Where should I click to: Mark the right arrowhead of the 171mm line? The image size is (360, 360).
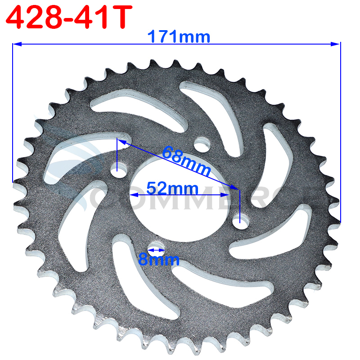[x=336, y=44]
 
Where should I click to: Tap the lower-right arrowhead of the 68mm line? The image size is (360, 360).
[x=235, y=188]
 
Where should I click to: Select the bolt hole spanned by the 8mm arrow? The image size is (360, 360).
[x=156, y=249]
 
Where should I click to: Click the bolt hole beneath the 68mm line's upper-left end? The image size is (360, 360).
[x=117, y=171]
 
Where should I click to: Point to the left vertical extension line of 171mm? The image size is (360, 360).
[x=13, y=112]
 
